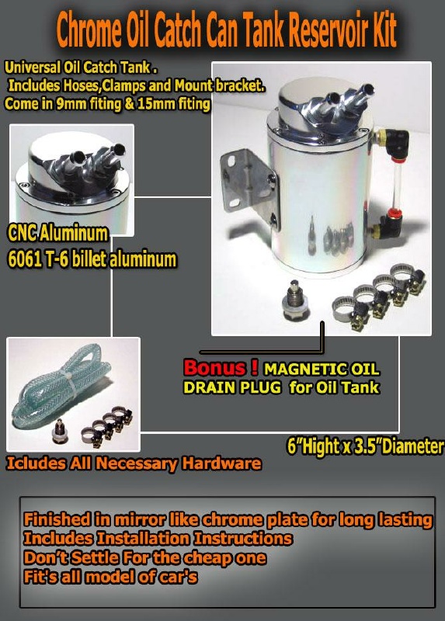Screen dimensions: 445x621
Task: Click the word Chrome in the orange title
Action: coord(89,29)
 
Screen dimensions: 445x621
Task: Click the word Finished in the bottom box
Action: coord(57,519)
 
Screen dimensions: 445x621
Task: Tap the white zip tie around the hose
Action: coord(71,382)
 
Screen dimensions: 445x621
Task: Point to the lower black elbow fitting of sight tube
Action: coord(391,226)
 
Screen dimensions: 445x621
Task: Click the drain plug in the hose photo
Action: coord(60,432)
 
